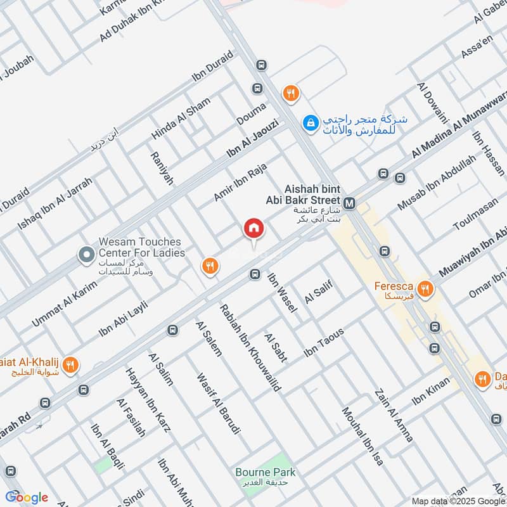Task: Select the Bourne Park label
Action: click(x=266, y=472)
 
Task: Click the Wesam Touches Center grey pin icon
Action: click(x=86, y=255)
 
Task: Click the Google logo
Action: click(x=27, y=497)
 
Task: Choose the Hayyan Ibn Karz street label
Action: click(x=148, y=399)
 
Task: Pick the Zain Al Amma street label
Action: click(x=394, y=415)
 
